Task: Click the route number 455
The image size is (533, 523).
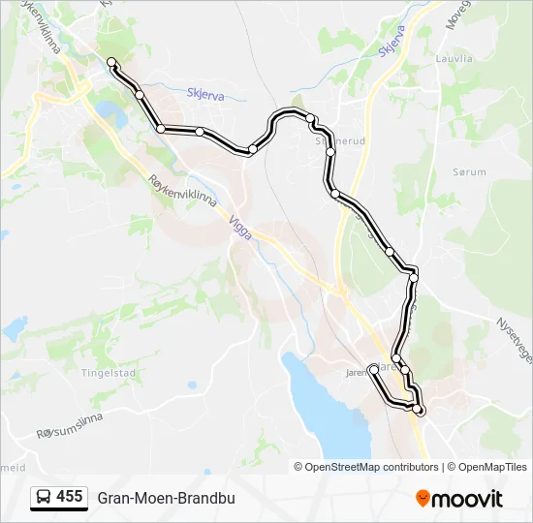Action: click(69, 497)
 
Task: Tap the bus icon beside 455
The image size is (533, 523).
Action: click(43, 498)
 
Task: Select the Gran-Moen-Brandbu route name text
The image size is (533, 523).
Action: click(166, 498)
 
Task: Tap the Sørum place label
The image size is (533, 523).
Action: click(468, 170)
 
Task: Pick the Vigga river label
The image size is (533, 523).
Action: click(240, 229)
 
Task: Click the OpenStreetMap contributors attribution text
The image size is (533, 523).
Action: click(372, 467)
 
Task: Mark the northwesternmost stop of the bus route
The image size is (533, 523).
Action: click(111, 63)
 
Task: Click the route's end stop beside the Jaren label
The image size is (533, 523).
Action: click(373, 369)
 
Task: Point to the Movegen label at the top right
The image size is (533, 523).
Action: click(455, 14)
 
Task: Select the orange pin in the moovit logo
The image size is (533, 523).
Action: click(423, 499)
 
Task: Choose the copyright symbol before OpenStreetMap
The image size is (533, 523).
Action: click(299, 467)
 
